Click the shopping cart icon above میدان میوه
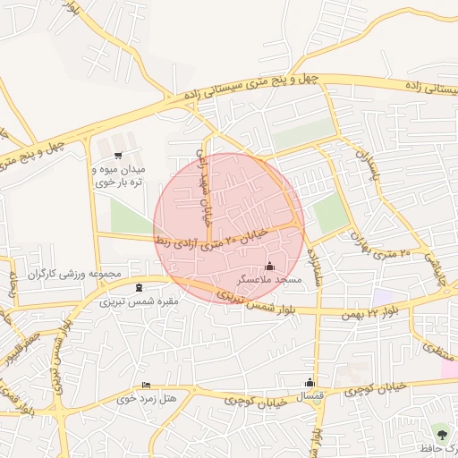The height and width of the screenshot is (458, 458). click(x=118, y=155)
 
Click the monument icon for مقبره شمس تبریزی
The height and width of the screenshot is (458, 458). click(x=137, y=287)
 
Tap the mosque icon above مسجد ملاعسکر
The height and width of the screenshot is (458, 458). click(x=270, y=266)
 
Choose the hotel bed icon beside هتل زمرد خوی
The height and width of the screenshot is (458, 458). click(x=146, y=385)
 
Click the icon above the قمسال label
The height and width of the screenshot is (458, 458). click(x=310, y=382)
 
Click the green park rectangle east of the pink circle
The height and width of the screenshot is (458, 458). click(x=329, y=214)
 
